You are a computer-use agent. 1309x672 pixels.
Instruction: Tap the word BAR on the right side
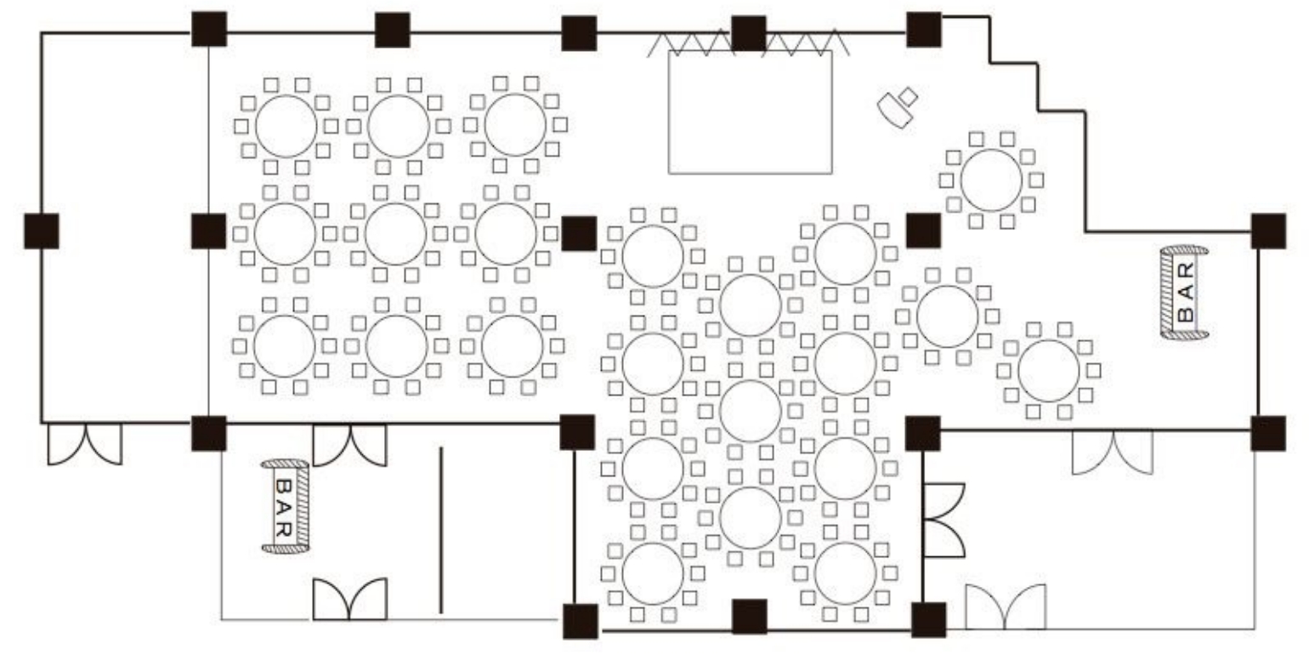pyautogui.click(x=1187, y=293)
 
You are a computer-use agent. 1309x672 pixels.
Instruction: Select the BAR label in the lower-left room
pyautogui.click(x=283, y=507)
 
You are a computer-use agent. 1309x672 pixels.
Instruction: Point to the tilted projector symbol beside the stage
pyautogui.click(x=898, y=108)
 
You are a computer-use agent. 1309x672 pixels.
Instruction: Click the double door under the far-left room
pyautogui.click(x=85, y=444)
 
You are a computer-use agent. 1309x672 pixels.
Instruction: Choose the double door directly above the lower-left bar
pyautogui.click(x=349, y=445)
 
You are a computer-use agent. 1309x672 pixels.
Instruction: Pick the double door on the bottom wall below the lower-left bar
pyautogui.click(x=349, y=599)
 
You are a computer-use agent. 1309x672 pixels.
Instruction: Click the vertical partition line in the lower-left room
pyautogui.click(x=441, y=531)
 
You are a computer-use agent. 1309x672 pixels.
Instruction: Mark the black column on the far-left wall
pyautogui.click(x=42, y=231)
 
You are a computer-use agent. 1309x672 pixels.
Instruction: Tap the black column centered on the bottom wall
pyautogui.click(x=750, y=617)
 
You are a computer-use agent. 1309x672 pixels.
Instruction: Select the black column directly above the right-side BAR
pyautogui.click(x=1269, y=231)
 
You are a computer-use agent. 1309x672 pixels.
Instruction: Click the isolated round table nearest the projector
pyautogui.click(x=991, y=180)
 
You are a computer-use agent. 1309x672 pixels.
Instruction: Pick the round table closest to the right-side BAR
pyautogui.click(x=1049, y=370)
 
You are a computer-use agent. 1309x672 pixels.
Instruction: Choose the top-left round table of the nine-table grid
pyautogui.click(x=286, y=127)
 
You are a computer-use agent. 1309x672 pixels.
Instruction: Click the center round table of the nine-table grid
pyautogui.click(x=395, y=234)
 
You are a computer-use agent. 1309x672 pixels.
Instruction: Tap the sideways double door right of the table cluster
pyautogui.click(x=943, y=520)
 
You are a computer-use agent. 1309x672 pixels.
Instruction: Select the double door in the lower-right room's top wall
pyautogui.click(x=1113, y=452)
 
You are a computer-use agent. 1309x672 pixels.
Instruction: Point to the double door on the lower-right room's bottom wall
pyautogui.click(x=1006, y=607)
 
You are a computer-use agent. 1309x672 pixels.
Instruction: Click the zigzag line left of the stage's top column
pyautogui.click(x=689, y=43)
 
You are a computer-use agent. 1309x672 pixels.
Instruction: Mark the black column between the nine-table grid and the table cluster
pyautogui.click(x=579, y=233)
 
